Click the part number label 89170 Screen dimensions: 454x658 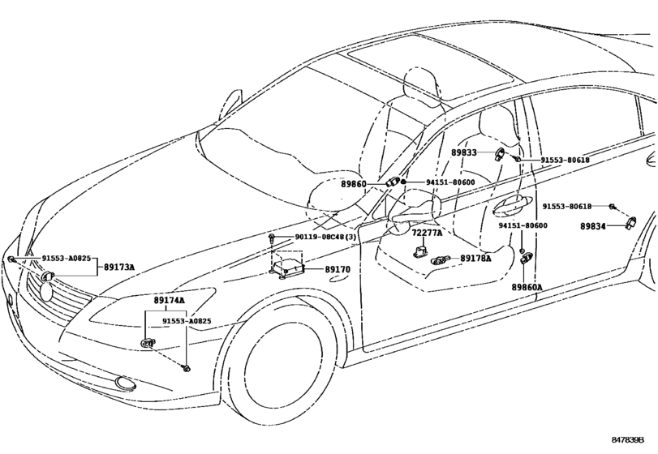(338, 268)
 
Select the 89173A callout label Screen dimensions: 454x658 (118, 267)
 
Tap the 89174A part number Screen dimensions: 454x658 (170, 300)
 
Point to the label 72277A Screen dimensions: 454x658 (427, 233)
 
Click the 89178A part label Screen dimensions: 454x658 (475, 259)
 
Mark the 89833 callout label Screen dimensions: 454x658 (465, 152)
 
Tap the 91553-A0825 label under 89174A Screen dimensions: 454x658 (186, 321)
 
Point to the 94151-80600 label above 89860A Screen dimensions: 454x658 (523, 225)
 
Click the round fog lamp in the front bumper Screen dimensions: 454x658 (123, 382)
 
